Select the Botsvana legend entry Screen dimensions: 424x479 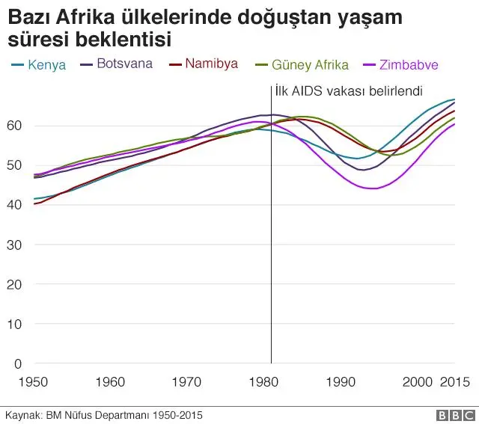(124, 64)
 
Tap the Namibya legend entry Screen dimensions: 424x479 (211, 64)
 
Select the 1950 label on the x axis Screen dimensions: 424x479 (33, 382)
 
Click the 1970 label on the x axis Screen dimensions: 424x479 (188, 382)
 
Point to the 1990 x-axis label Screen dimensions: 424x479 (343, 382)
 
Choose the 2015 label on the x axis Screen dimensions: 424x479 (453, 382)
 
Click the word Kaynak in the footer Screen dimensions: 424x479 (22, 415)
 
